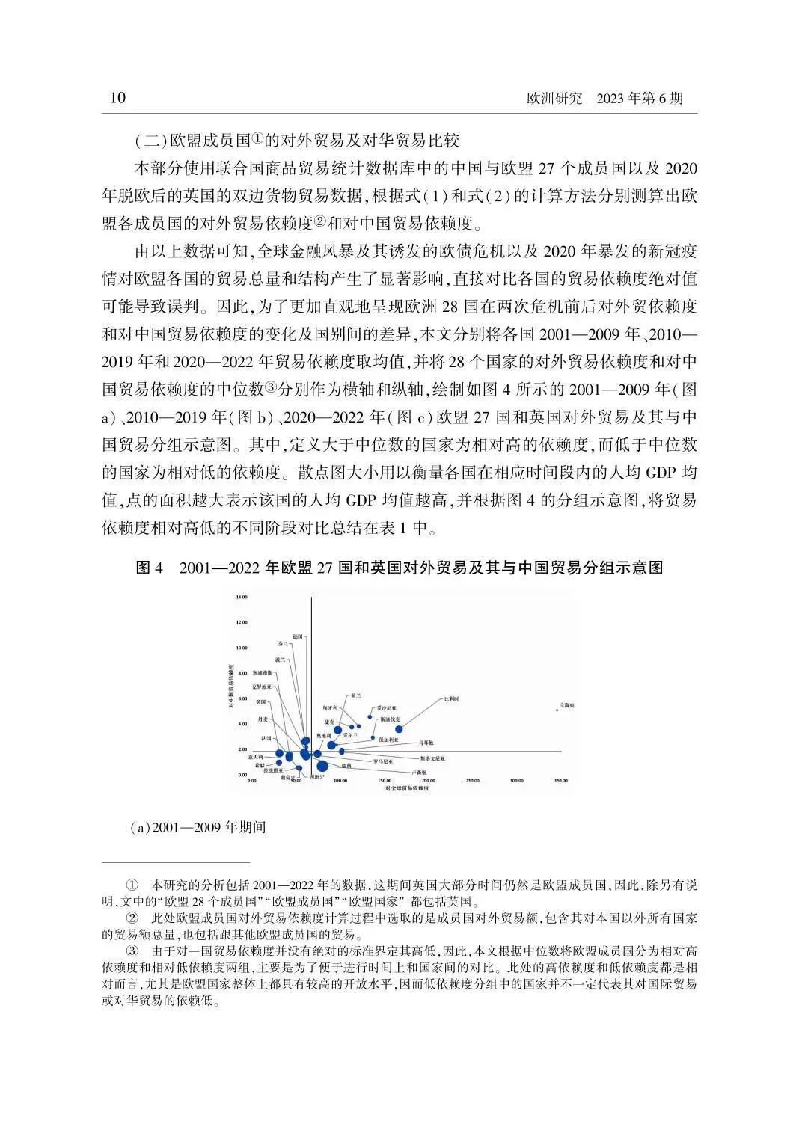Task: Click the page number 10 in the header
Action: (117, 99)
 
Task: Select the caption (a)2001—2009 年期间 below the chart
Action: (198, 829)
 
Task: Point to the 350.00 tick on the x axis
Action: (560, 781)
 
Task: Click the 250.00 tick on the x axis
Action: (472, 781)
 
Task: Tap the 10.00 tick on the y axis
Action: (242, 648)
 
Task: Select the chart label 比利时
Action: (451, 698)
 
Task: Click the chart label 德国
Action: (297, 636)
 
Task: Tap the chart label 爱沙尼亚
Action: (386, 707)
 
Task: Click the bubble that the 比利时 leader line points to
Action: (399, 728)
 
